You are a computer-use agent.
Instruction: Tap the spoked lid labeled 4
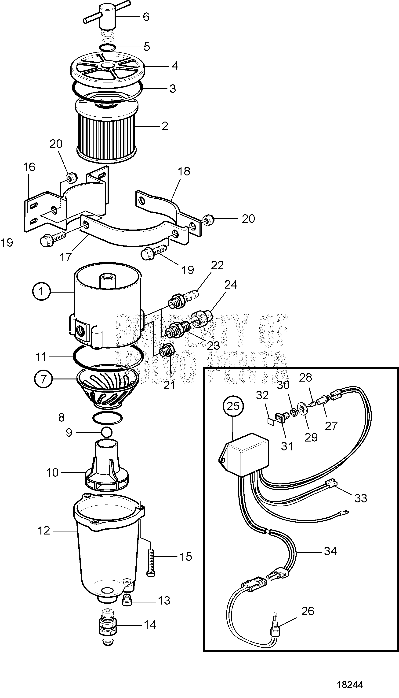click(108, 67)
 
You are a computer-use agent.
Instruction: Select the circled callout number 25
click(233, 406)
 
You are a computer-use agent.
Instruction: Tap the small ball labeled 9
click(107, 432)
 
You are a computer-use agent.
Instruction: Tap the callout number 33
click(361, 498)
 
